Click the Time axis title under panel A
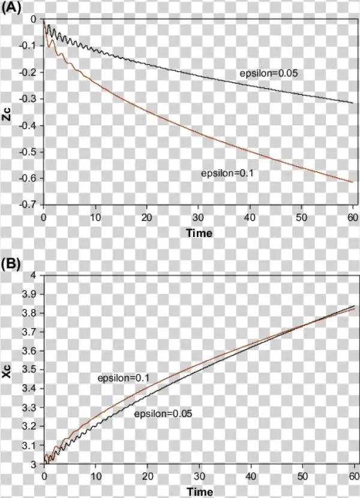click(199, 233)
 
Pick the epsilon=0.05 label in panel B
click(158, 414)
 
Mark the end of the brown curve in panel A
click(353, 182)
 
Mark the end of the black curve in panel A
click(353, 103)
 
